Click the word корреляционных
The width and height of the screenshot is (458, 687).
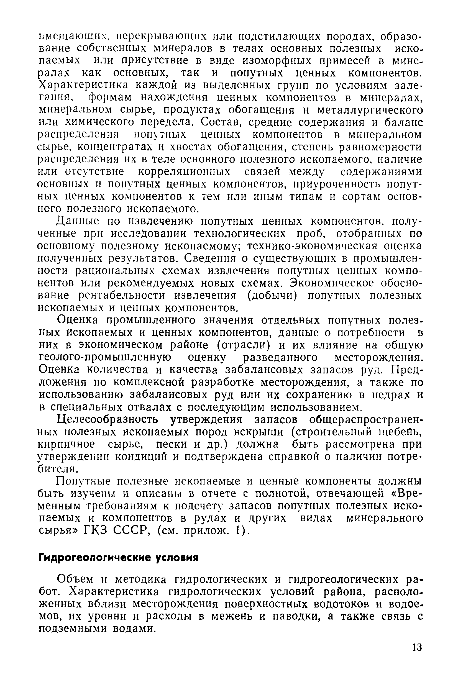(184, 172)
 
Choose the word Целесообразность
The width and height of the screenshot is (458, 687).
(108, 420)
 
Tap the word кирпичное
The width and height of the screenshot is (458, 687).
(66, 444)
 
